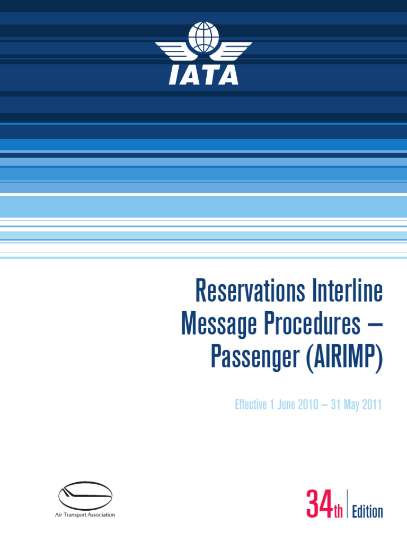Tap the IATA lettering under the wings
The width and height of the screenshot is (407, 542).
203,76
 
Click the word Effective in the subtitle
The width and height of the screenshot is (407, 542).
252,406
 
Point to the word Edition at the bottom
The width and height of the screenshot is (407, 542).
367,512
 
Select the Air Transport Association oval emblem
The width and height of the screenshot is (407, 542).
85,496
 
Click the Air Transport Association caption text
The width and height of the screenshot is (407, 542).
85,515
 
